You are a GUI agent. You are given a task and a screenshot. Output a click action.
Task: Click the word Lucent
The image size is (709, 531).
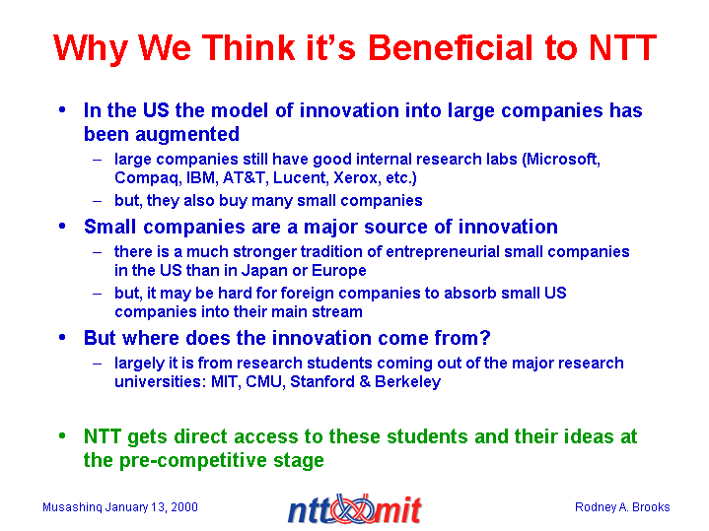coord(299,178)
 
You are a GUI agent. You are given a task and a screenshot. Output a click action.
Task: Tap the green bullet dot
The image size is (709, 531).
coord(62,436)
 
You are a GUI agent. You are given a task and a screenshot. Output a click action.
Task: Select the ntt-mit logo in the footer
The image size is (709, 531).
coord(355,509)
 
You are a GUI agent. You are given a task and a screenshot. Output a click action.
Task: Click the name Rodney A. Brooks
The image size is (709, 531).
coord(622,507)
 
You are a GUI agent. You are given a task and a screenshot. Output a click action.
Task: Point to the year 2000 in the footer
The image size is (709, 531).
coord(184,507)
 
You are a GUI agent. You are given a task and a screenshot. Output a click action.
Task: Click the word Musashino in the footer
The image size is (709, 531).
coord(72,507)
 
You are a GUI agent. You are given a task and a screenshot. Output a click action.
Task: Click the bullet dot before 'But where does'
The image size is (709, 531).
coord(62,338)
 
